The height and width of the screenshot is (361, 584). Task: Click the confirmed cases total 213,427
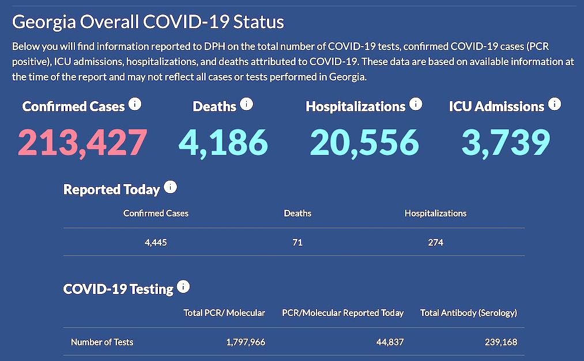tap(82, 142)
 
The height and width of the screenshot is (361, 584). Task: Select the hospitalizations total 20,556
tap(364, 142)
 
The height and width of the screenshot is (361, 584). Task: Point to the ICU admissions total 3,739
tap(505, 142)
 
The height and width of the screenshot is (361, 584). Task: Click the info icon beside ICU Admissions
tap(555, 104)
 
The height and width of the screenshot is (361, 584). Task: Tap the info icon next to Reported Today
tap(170, 187)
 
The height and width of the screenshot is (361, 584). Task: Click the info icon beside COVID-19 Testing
tap(183, 287)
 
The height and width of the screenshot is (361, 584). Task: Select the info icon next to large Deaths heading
tap(247, 104)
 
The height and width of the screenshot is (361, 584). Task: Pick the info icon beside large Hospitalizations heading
tap(416, 104)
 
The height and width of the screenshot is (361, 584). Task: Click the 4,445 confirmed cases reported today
tap(156, 242)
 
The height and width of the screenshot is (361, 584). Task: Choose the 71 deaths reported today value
tap(297, 242)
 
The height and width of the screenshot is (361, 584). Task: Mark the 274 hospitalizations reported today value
tap(436, 242)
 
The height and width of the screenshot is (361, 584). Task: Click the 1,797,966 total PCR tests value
tap(246, 342)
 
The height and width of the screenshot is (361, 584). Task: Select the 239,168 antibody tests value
tap(500, 342)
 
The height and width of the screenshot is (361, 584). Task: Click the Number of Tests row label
tap(102, 342)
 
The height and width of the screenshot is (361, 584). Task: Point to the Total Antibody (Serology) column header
tap(469, 313)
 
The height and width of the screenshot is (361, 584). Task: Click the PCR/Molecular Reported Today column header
tap(342, 313)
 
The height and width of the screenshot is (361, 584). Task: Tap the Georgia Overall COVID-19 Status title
tap(148, 22)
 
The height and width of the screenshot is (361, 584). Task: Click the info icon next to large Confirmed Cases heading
tap(135, 104)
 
